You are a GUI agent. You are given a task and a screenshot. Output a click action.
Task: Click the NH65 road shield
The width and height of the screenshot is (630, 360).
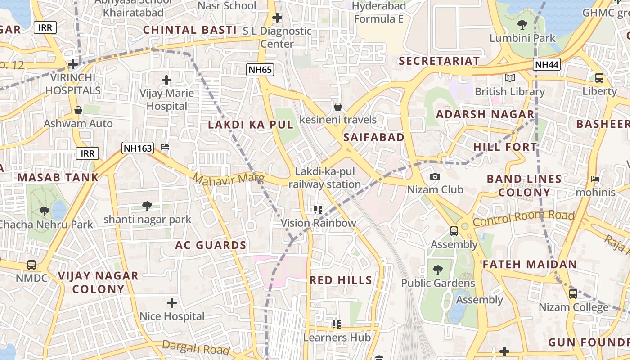[x=260, y=69]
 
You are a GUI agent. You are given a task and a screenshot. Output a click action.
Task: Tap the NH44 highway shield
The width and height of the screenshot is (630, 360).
[x=547, y=64]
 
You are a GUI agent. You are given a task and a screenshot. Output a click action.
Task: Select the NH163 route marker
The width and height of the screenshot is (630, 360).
[x=138, y=148]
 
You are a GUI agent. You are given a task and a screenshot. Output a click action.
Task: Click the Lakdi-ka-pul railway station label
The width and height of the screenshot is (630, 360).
[x=324, y=178]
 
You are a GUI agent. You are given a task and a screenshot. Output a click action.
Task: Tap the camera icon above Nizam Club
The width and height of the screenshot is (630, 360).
[x=435, y=176]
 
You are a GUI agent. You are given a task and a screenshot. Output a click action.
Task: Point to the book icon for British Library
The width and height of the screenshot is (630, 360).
[x=509, y=78]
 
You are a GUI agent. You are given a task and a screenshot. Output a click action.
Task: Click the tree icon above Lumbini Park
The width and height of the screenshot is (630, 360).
[x=522, y=25]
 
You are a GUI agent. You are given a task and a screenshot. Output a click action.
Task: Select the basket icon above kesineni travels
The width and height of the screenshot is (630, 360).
[x=338, y=107]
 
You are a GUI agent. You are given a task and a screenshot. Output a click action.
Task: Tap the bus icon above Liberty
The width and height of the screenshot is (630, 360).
[x=599, y=78]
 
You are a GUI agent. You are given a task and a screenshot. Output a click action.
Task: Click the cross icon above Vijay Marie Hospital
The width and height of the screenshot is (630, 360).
[x=166, y=80]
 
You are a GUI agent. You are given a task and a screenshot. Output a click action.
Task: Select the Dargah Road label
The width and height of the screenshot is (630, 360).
[x=196, y=347]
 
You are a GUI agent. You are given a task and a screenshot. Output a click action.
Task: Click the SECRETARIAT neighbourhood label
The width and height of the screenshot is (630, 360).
[x=439, y=61]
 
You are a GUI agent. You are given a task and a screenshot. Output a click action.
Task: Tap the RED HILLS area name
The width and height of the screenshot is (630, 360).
[x=341, y=280]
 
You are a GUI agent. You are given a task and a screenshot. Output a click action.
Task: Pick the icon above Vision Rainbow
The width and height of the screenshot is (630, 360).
[x=318, y=210]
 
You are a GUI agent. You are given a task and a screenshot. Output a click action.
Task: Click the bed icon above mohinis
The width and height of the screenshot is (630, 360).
[x=595, y=179]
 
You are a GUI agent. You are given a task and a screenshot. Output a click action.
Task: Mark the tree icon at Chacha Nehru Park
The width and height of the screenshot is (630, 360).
[x=44, y=211]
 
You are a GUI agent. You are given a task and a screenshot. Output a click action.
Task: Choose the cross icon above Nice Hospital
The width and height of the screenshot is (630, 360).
[x=171, y=303]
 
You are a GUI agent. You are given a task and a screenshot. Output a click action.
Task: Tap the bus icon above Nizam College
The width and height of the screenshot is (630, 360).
[x=573, y=294]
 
